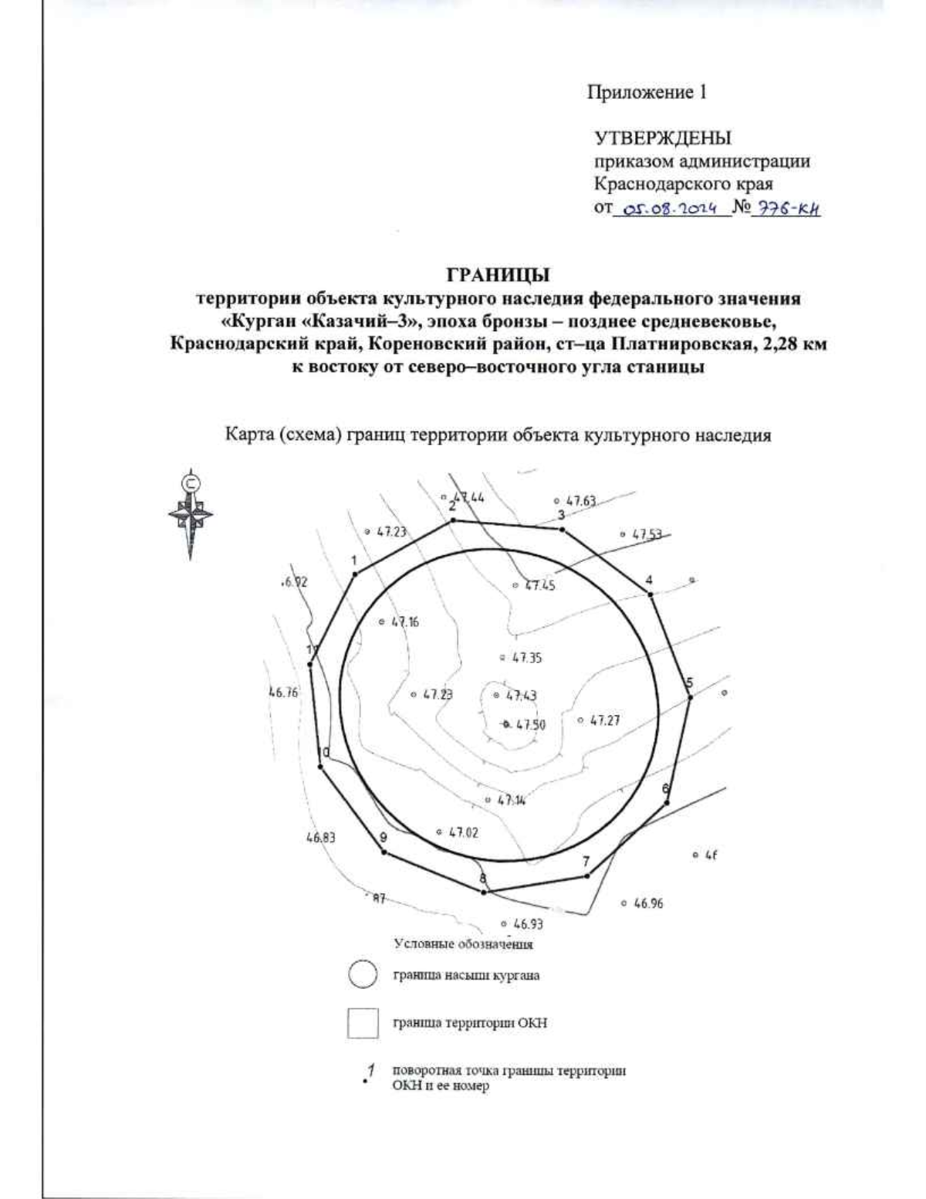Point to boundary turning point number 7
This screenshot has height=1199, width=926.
[587, 876]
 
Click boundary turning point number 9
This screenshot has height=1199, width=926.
[384, 852]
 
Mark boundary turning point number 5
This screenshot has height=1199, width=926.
[690, 697]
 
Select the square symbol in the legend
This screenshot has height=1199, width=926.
[363, 1023]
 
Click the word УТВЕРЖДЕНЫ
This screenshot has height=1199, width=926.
[663, 139]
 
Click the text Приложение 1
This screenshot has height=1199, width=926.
[647, 93]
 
